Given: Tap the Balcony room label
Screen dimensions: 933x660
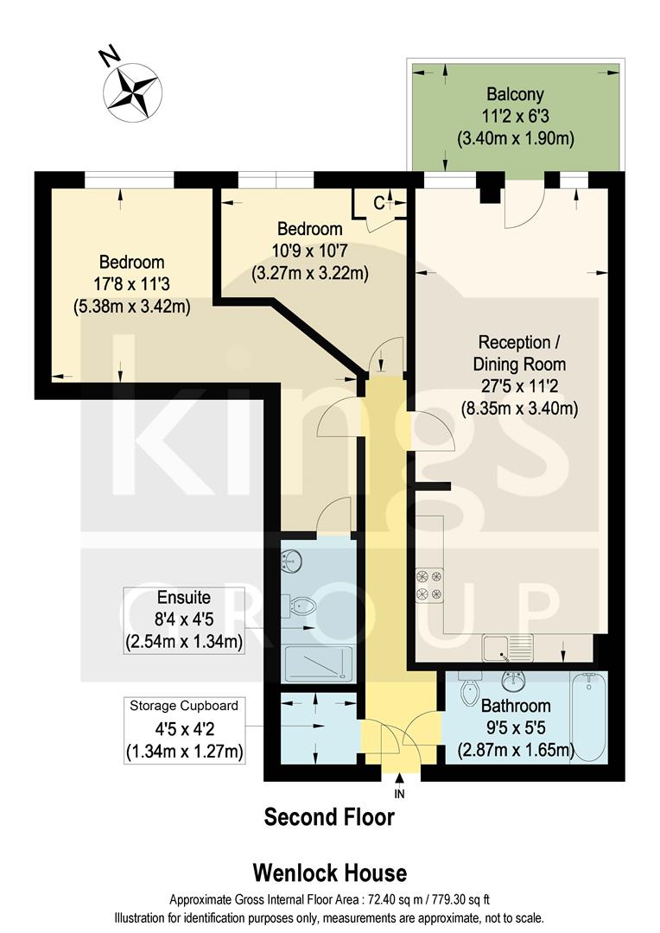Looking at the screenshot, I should click(x=515, y=93).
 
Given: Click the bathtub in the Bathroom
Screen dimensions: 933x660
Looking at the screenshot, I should click(x=589, y=716).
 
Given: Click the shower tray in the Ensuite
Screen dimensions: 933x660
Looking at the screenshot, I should click(x=317, y=663).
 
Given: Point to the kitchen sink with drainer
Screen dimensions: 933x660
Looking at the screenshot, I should click(x=508, y=645).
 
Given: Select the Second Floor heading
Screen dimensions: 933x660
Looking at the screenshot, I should click(x=329, y=816).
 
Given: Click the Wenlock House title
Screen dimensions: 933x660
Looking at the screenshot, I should click(x=329, y=873).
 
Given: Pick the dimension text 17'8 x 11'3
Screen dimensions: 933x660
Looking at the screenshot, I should click(x=131, y=283).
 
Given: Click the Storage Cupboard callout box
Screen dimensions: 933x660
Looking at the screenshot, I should click(x=183, y=729).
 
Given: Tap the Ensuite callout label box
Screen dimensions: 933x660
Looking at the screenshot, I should click(x=183, y=619).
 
